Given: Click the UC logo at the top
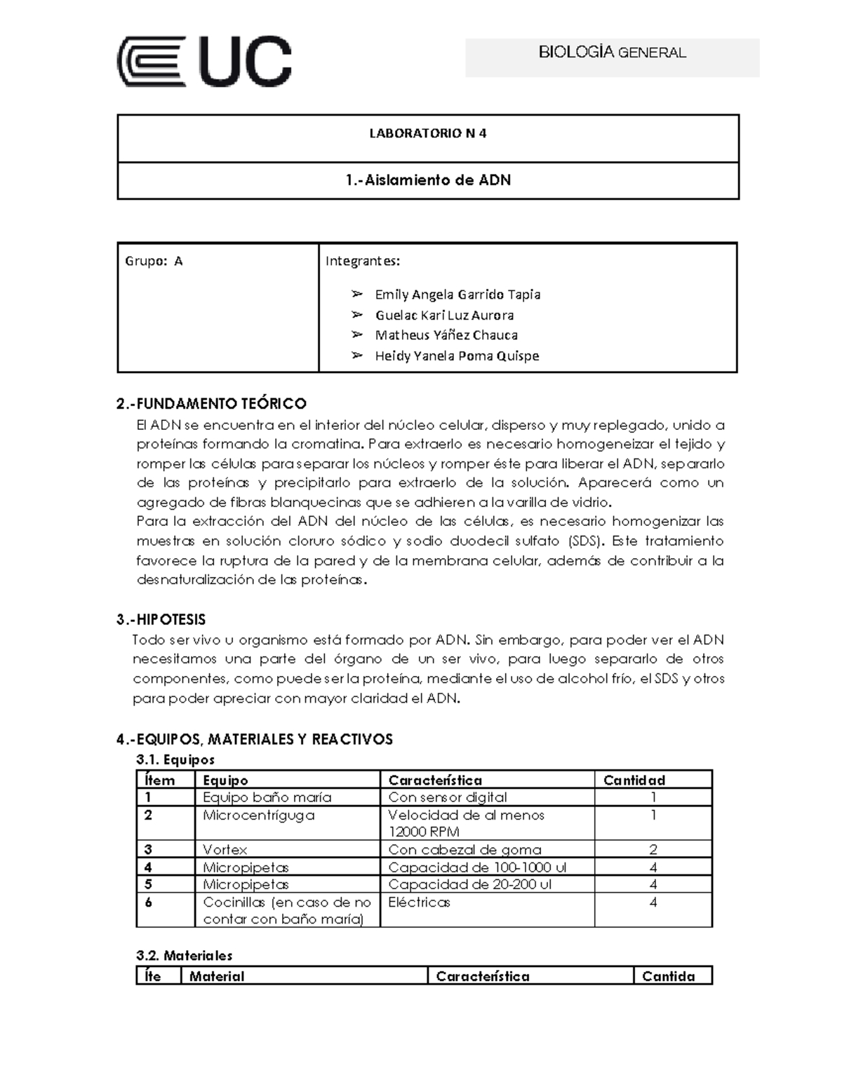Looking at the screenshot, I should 203,62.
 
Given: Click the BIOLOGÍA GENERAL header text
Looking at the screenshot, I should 612,53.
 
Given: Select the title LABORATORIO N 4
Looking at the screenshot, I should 427,133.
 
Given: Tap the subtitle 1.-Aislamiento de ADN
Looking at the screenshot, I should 427,180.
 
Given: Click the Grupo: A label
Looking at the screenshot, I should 154,261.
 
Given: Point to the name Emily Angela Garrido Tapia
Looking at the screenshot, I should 457,295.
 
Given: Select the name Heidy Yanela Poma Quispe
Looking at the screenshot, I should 457,356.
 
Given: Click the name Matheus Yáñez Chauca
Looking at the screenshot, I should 446,335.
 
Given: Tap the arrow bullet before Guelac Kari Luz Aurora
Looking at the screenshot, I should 357,315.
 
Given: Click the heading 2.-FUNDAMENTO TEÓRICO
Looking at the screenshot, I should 211,403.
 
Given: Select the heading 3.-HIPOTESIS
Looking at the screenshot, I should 161,619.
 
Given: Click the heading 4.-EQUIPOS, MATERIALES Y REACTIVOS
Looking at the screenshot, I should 254,739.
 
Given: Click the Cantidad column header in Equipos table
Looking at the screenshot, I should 634,780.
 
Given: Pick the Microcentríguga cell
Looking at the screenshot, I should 258,815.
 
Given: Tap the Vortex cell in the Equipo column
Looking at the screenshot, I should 225,849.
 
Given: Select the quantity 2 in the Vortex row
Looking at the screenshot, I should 653,849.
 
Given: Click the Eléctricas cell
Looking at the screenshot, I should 419,902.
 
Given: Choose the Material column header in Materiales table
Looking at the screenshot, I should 217,976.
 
